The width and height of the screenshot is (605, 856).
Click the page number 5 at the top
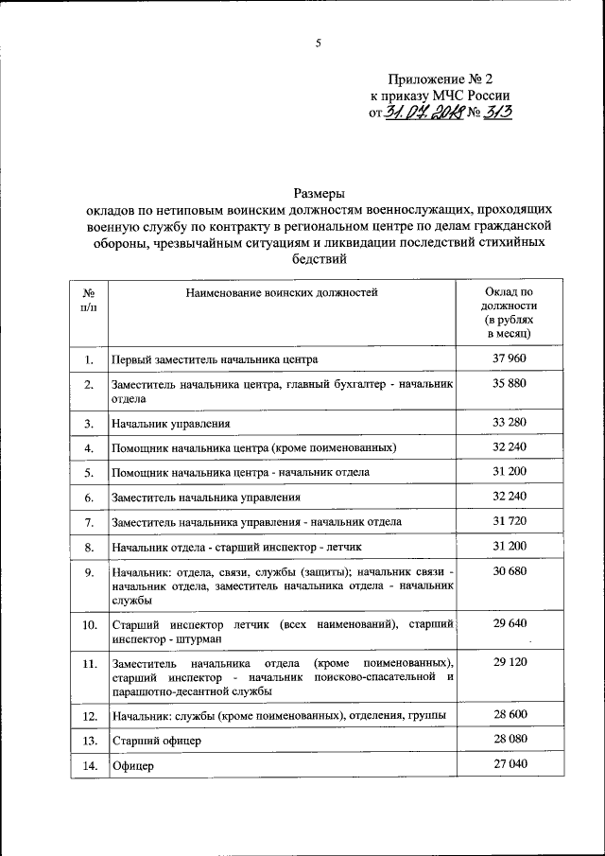[x=318, y=43]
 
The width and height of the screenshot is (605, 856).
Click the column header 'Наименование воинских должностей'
[x=282, y=292]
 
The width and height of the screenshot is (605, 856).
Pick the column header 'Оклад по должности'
[x=509, y=312]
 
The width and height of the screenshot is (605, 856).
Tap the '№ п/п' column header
[x=88, y=301]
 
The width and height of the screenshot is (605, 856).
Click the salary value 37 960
[x=509, y=358]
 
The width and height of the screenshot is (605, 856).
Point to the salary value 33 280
[x=509, y=422]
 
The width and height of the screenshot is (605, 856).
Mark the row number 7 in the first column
[x=88, y=521]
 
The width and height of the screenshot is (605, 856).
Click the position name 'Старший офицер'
[x=156, y=742]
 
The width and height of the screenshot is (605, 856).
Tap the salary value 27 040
[x=509, y=765]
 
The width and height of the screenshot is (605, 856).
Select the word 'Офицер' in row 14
[x=132, y=767]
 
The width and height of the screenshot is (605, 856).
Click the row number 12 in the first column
[x=88, y=716]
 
